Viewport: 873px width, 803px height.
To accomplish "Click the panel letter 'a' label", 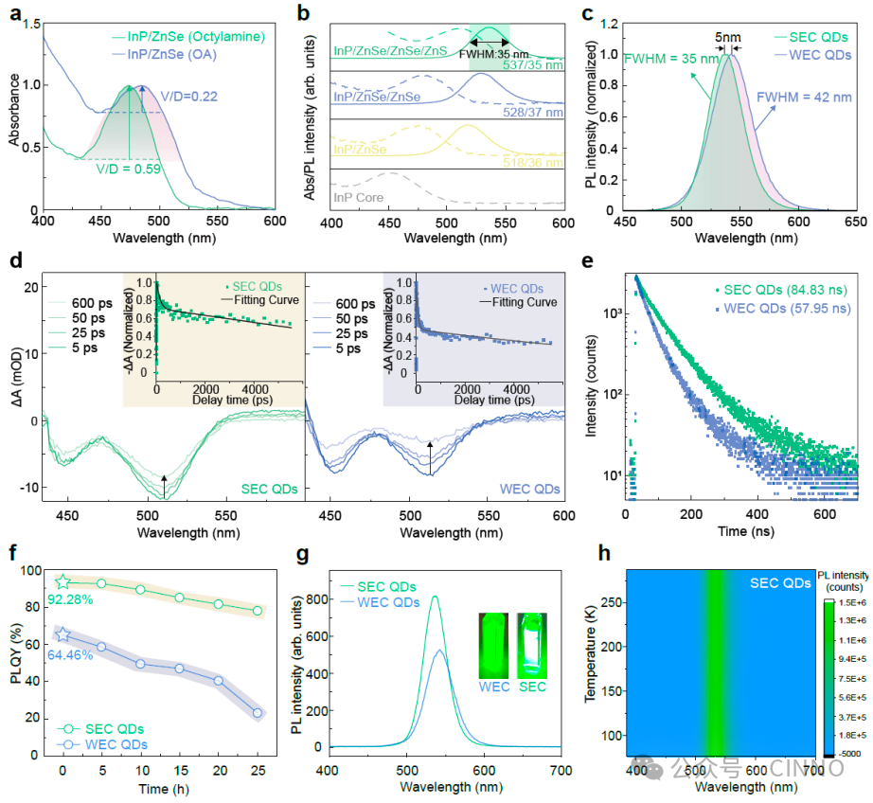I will point(12,14).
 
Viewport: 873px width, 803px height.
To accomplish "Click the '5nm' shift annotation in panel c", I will point(728,37).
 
